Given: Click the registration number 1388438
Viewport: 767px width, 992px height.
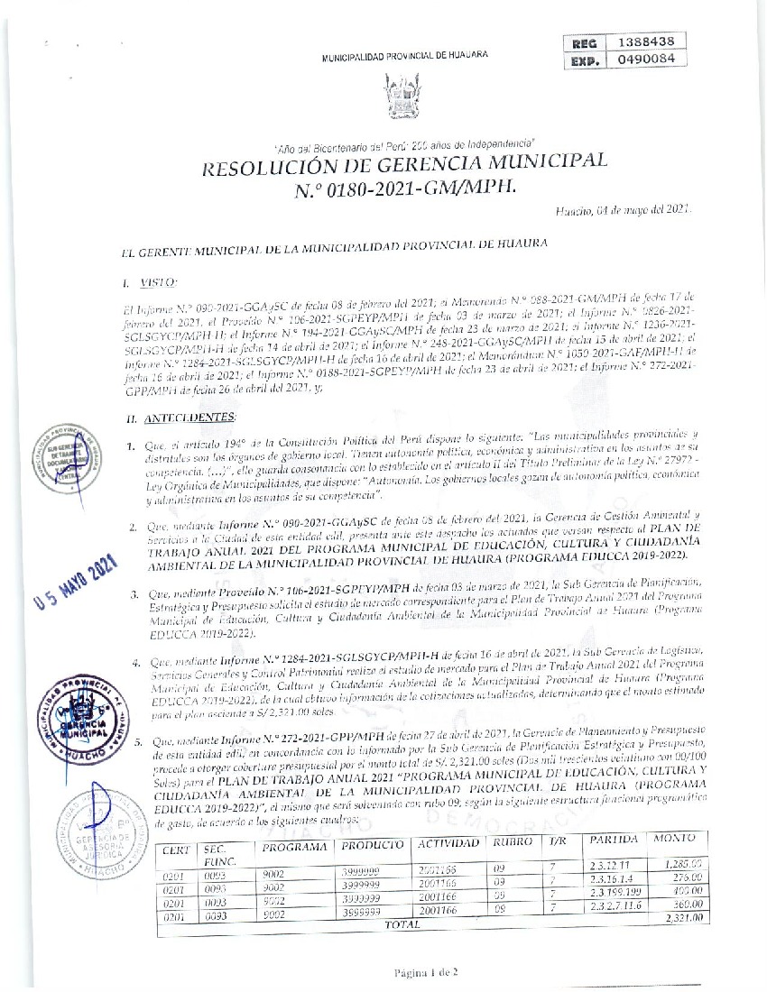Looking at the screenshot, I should coord(645,41).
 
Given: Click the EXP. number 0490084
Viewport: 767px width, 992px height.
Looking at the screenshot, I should coord(645,60).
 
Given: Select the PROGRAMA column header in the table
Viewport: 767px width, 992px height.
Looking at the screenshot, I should coord(294,848).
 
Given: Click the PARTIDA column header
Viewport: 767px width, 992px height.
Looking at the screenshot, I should coord(614,840).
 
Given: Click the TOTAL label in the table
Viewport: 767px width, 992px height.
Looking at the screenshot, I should coord(402,924).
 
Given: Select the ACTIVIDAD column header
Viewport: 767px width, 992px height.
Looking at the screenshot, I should coord(448,844).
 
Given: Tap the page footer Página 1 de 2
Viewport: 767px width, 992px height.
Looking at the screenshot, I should coord(427,972).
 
